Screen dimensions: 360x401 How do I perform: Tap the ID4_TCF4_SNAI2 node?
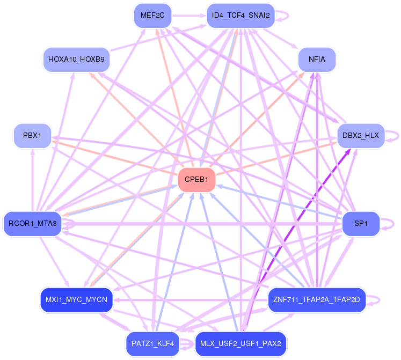click(x=241, y=15)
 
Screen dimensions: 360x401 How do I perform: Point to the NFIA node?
click(x=317, y=59)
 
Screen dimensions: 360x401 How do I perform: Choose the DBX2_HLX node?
click(x=360, y=136)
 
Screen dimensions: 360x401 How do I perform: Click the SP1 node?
click(x=361, y=223)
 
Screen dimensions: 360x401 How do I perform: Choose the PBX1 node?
click(x=32, y=136)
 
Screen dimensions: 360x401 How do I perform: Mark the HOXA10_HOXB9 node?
click(x=76, y=59)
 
